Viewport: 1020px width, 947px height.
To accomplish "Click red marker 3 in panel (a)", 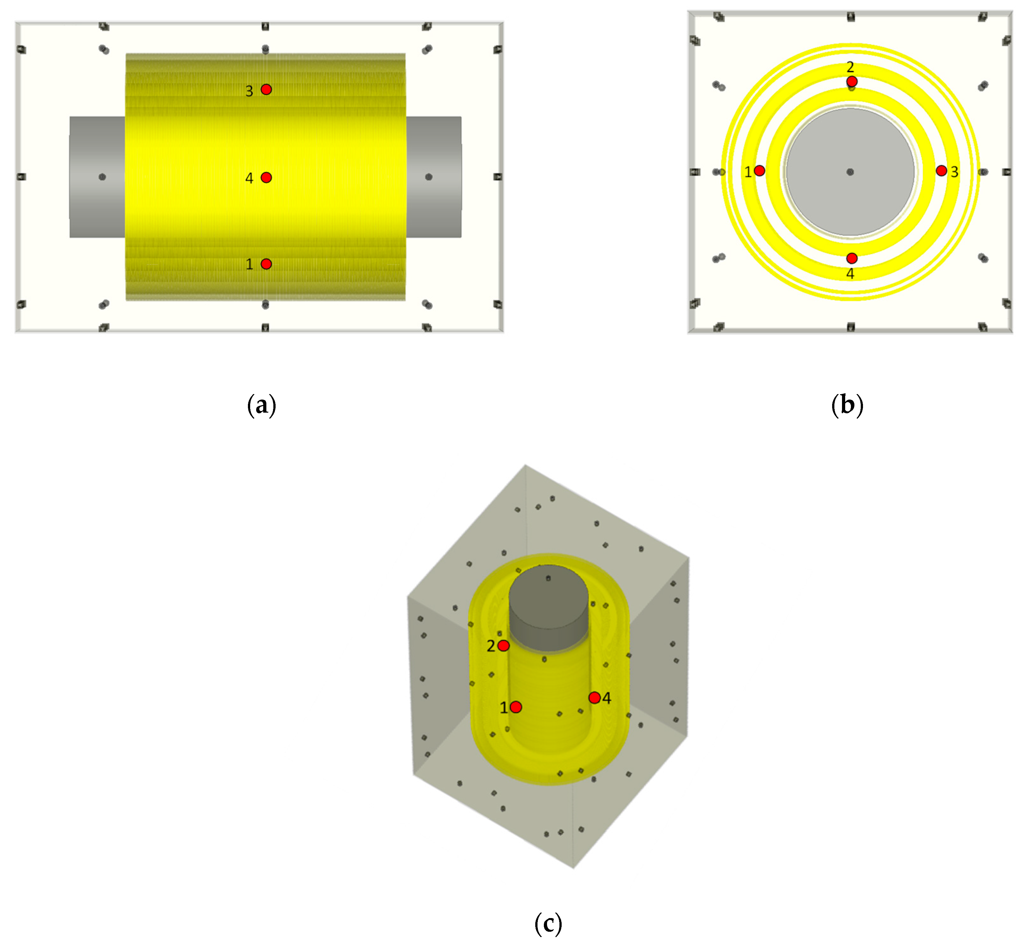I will click(266, 90).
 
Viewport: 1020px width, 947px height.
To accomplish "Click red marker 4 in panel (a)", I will click(266, 177).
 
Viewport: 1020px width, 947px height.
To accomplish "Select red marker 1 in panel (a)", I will click(266, 264).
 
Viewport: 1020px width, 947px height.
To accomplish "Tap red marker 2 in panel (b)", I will click(852, 81).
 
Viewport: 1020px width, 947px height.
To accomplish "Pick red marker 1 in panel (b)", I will click(759, 171).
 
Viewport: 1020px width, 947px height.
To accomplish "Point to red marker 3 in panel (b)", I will click(941, 171).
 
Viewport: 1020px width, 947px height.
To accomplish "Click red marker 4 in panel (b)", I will click(852, 258).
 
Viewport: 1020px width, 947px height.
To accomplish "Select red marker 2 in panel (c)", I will click(503, 646).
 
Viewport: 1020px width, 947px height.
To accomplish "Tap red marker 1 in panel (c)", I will click(516, 707).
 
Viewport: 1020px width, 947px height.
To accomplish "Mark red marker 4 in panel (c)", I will click(594, 697).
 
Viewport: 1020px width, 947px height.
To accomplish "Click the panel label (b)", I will click(847, 405).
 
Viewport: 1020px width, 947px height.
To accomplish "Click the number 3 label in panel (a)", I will click(249, 91).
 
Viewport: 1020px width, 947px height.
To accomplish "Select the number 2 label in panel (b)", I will click(850, 67).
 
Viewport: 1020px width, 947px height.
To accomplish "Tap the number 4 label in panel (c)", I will click(606, 698).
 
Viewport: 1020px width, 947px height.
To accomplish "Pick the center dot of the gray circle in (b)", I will click(850, 172).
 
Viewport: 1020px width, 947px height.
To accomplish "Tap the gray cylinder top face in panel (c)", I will click(548, 597).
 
